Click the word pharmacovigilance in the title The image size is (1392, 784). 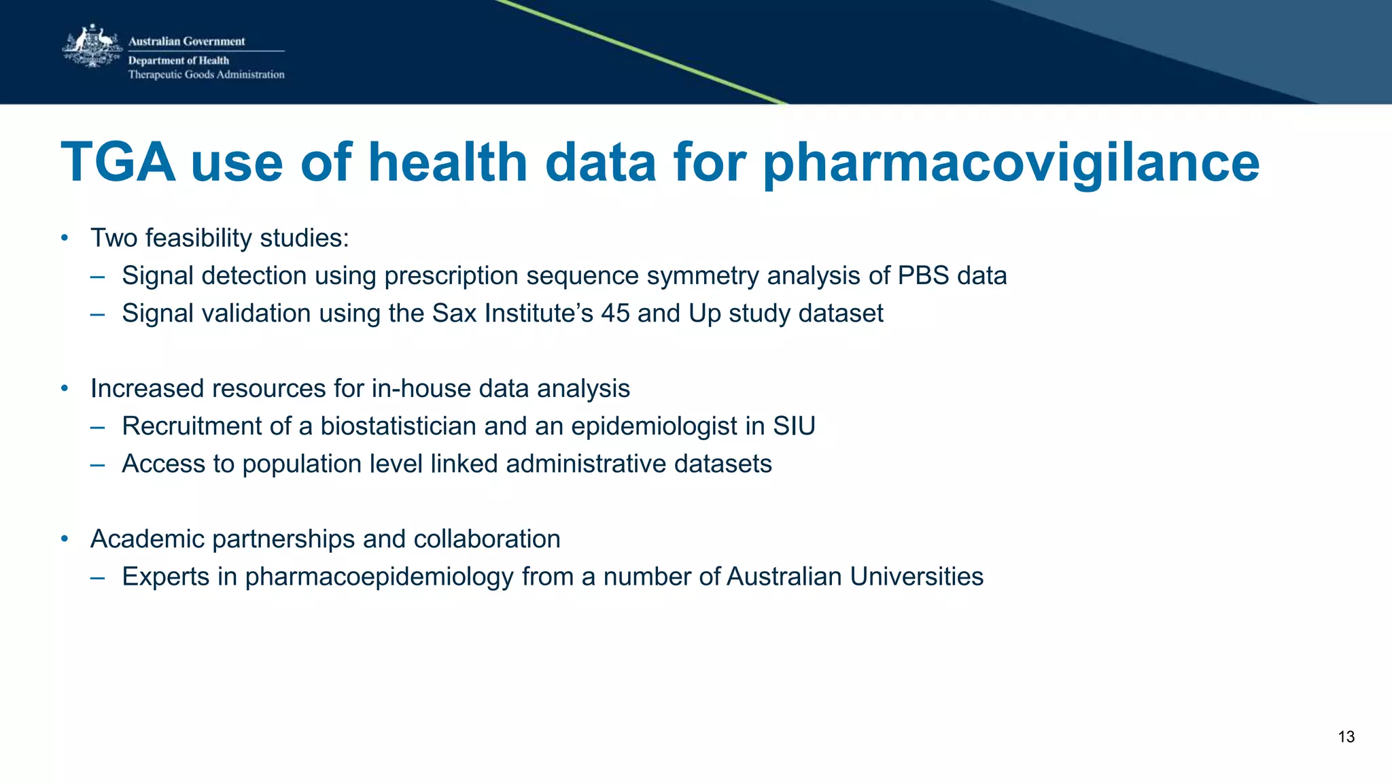1011,163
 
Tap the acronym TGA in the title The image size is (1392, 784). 118,163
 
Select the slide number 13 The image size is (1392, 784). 1346,737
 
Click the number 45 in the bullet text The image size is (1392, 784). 615,313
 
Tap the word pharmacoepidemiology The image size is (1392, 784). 379,577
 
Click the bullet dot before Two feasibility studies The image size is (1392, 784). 65,238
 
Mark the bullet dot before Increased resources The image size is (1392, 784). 65,388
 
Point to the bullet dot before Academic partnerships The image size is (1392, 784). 65,539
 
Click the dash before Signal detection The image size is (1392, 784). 97,276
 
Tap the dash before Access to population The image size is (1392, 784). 97,464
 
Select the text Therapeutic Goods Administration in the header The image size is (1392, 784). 206,75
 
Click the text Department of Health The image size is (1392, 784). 179,61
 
